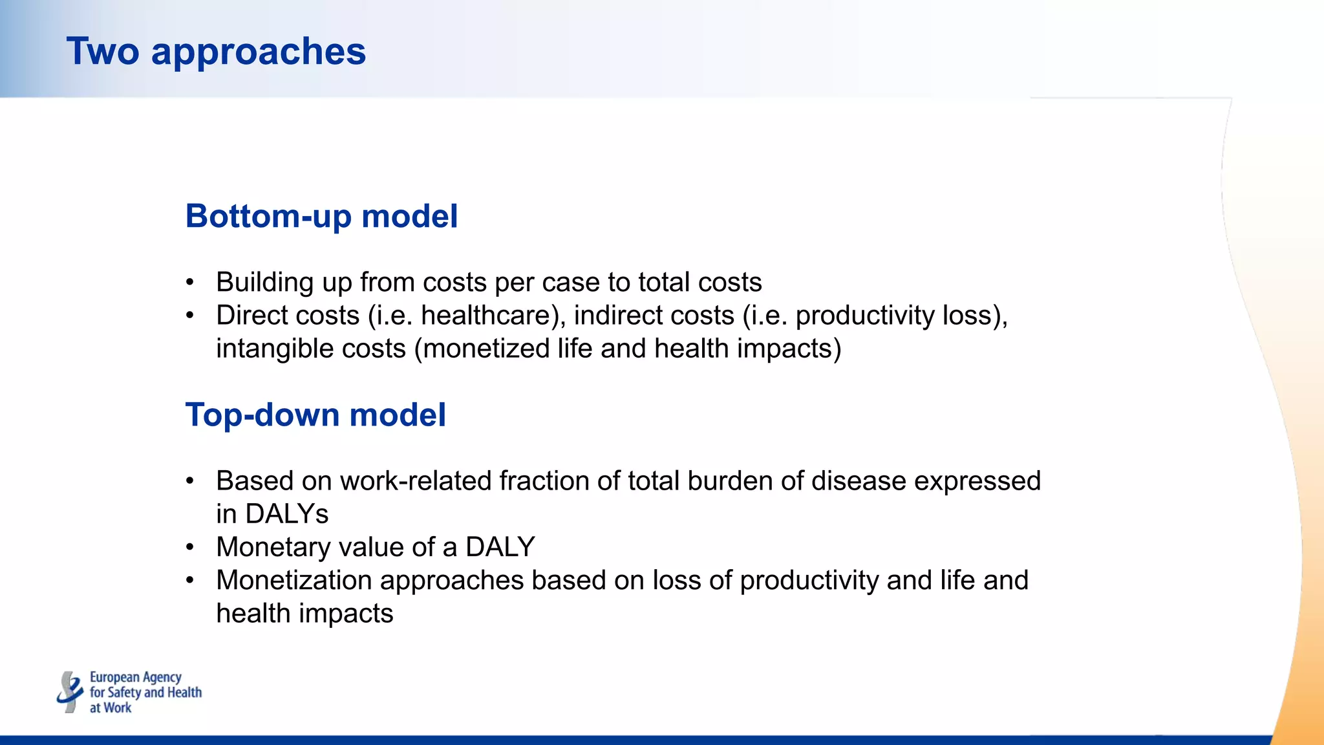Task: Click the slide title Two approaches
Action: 216,51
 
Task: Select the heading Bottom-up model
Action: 321,216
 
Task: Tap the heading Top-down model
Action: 315,415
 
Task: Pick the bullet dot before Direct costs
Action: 189,316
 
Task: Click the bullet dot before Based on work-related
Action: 189,481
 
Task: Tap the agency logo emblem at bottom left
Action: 70,692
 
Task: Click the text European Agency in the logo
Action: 135,677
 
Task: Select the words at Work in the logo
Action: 111,707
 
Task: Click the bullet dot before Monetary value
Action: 189,547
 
